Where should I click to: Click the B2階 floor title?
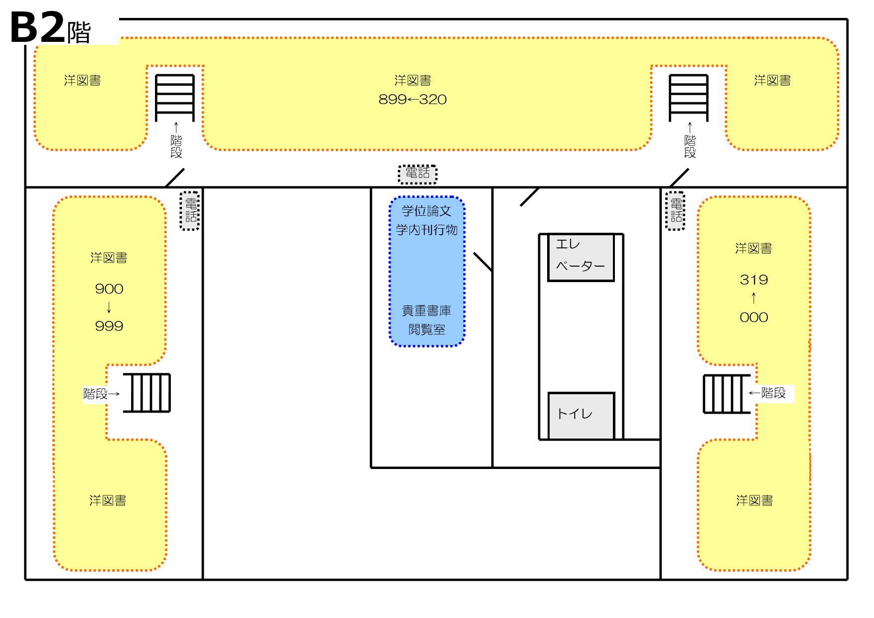point(50,27)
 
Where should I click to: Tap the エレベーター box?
point(581,257)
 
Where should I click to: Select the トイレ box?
point(581,416)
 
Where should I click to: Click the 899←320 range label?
point(413,100)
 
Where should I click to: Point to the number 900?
point(109,289)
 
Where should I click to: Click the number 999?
point(109,326)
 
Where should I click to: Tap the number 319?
point(754,280)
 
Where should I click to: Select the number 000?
point(754,317)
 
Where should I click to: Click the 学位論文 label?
point(427,211)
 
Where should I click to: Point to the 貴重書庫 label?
point(427,310)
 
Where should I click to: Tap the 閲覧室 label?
point(427,329)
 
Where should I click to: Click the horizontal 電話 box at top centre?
point(418,174)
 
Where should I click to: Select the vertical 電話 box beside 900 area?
point(190,211)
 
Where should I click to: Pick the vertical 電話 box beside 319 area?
point(676,211)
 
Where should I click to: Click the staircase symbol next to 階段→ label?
point(147,393)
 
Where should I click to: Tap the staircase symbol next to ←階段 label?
point(727,394)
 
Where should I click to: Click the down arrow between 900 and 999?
point(109,308)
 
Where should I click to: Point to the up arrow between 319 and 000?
point(754,298)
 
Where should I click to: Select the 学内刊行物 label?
point(427,230)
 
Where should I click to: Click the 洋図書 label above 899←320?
point(413,80)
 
